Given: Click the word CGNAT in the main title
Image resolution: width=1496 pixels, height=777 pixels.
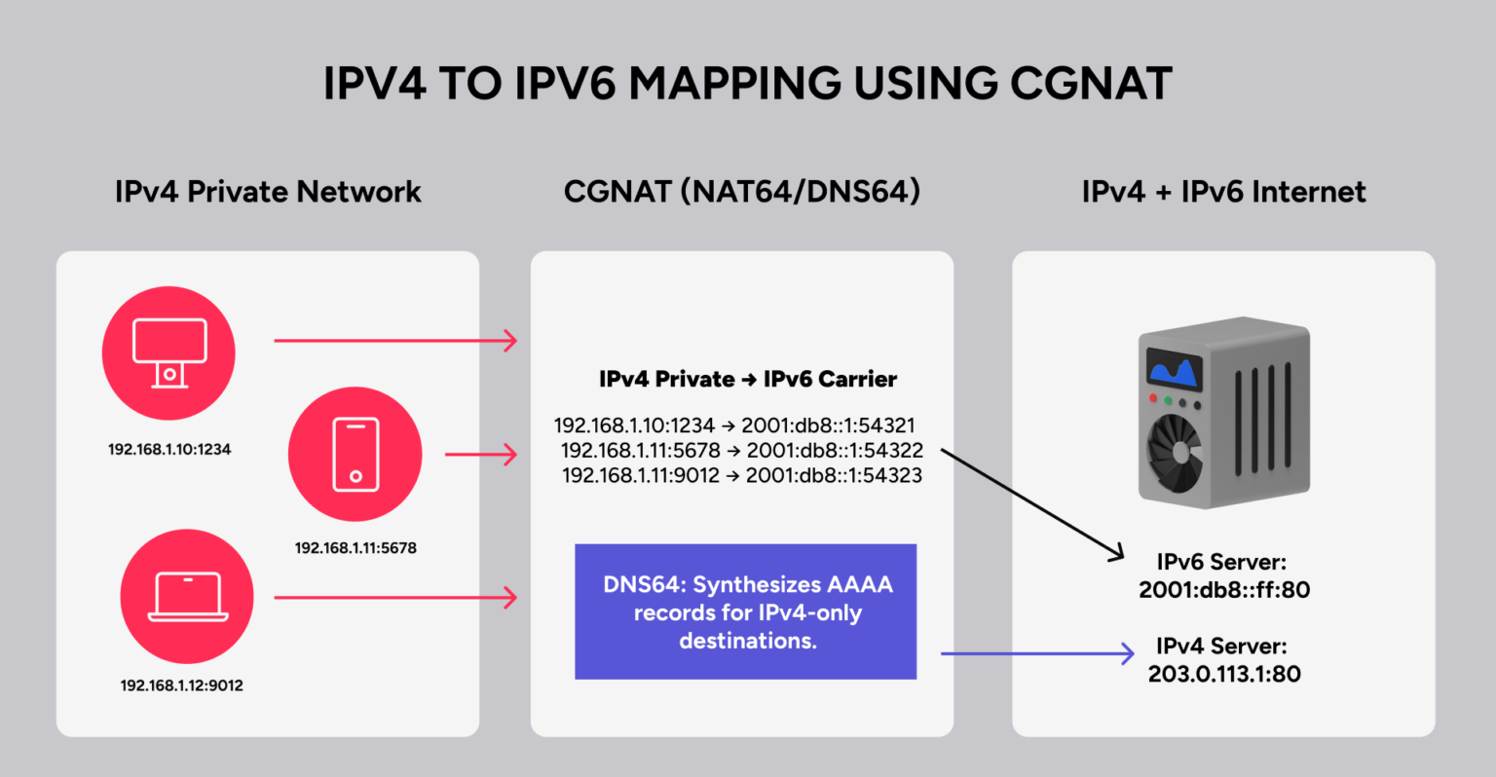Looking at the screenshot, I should [x=1091, y=84].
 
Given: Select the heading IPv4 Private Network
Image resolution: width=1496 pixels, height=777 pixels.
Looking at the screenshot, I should [x=268, y=192].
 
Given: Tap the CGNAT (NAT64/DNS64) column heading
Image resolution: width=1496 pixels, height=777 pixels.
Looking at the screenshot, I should [x=742, y=192].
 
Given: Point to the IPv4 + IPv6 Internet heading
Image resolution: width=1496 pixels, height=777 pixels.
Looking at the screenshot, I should [x=1223, y=192].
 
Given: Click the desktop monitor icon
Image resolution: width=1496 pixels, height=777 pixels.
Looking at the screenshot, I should [x=168, y=352].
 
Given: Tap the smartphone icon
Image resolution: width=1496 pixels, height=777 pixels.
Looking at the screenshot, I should [x=355, y=454].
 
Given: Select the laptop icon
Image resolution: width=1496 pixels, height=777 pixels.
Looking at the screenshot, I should [x=187, y=596].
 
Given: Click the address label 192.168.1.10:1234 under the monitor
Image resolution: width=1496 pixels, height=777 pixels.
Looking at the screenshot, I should [x=169, y=450].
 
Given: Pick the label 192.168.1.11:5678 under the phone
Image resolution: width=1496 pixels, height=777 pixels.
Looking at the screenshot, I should [x=355, y=548].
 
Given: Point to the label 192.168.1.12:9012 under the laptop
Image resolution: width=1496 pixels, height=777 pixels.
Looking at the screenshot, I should [x=182, y=685].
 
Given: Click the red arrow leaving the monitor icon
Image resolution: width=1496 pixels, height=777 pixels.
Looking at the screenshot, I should [x=394, y=341].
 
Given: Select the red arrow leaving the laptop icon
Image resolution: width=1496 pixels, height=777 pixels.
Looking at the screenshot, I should [x=394, y=597].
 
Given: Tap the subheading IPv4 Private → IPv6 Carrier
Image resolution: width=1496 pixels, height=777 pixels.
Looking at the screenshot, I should [x=748, y=380].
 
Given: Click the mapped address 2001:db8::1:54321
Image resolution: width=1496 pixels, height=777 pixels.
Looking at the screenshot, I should [x=828, y=425].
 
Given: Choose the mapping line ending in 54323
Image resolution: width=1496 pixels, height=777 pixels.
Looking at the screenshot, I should [x=742, y=475].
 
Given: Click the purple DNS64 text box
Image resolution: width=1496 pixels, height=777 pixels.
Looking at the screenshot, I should [x=745, y=611].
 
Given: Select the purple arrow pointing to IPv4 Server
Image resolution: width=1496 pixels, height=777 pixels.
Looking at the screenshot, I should [x=1036, y=653].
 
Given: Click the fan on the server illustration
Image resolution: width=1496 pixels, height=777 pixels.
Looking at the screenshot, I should [x=1178, y=451].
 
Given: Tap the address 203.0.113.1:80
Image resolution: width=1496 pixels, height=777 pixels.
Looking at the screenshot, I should [x=1223, y=674].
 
